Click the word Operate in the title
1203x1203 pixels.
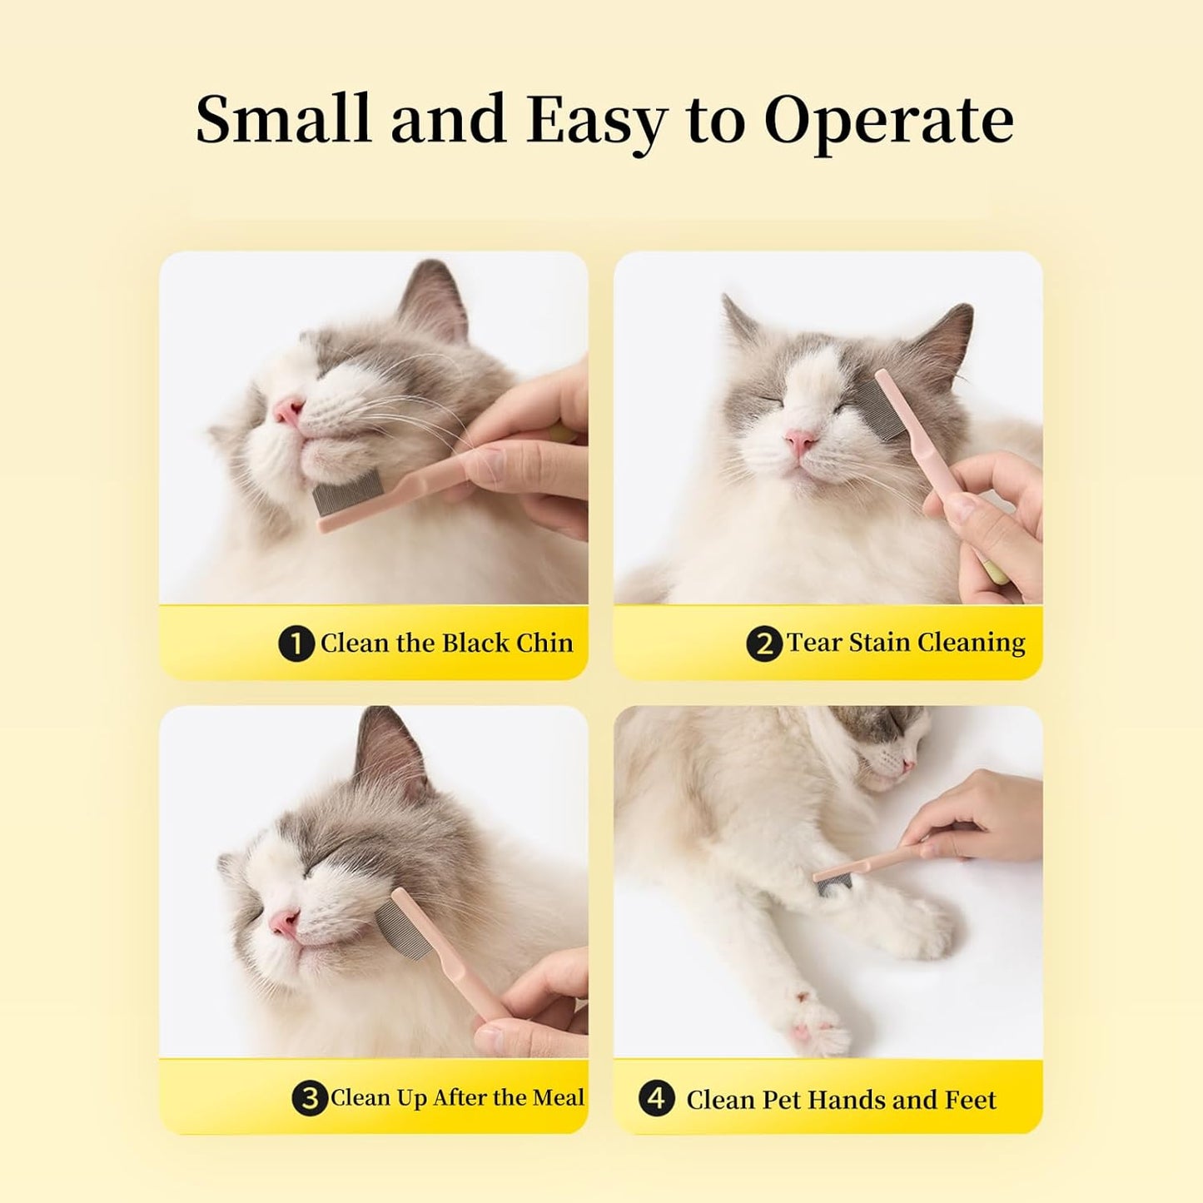point(888,121)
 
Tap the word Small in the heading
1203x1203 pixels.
point(285,118)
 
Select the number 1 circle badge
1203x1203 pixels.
point(296,644)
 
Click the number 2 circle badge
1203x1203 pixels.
point(763,644)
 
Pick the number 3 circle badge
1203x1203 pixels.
point(310,1098)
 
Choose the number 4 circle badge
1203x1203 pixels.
point(656,1098)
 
